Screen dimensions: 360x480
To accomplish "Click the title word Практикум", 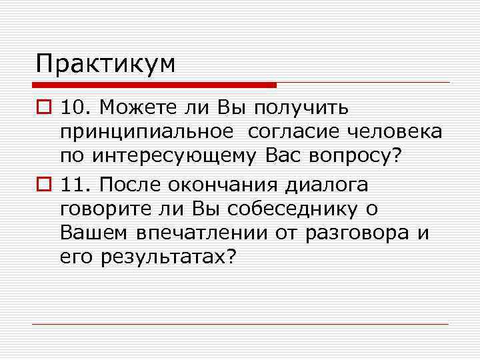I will (x=106, y=65).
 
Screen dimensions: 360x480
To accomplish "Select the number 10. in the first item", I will (x=75, y=107).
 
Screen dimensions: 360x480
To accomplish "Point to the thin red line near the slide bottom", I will (x=240, y=325).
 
